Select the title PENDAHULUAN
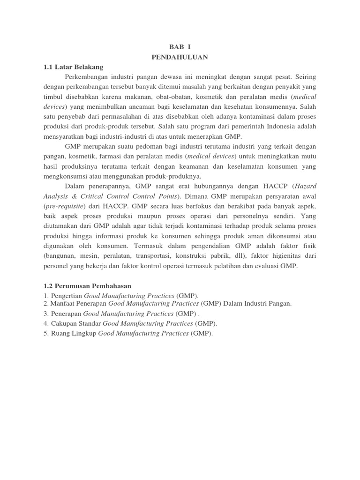[x=180, y=57]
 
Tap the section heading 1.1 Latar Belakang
[x=73, y=67]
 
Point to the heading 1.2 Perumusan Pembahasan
[x=88, y=285]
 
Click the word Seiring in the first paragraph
[x=307, y=76]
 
